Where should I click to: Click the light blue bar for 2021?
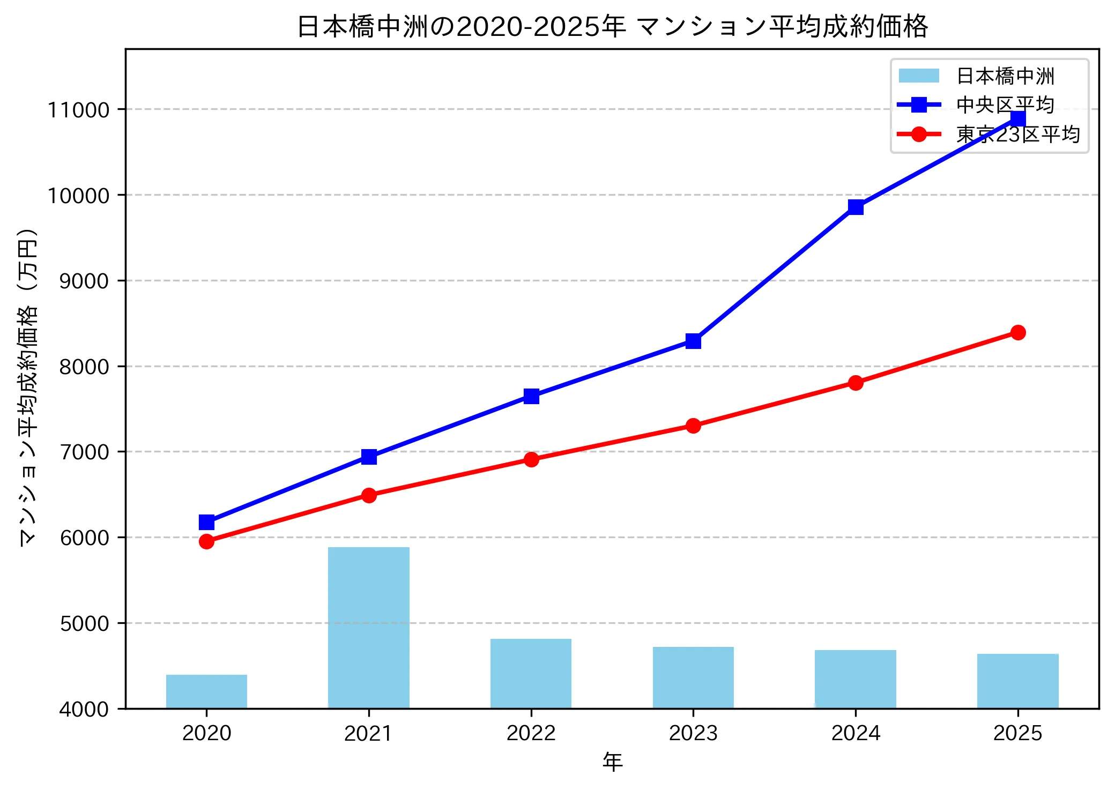(369, 627)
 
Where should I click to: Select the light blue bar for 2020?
(206, 691)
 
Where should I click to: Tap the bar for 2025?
(1017, 681)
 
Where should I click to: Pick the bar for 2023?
(693, 677)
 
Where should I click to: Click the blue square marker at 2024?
(856, 207)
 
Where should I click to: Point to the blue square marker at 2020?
(206, 521)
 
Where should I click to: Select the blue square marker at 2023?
(693, 341)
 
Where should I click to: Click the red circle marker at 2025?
(1018, 332)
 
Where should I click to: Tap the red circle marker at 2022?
(531, 459)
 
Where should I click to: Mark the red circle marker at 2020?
(206, 541)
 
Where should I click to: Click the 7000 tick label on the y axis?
(84, 452)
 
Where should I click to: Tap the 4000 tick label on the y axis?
(84, 709)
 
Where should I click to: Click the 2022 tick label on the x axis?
(531, 733)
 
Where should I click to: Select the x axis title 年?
(612, 762)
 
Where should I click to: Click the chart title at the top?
(612, 26)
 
